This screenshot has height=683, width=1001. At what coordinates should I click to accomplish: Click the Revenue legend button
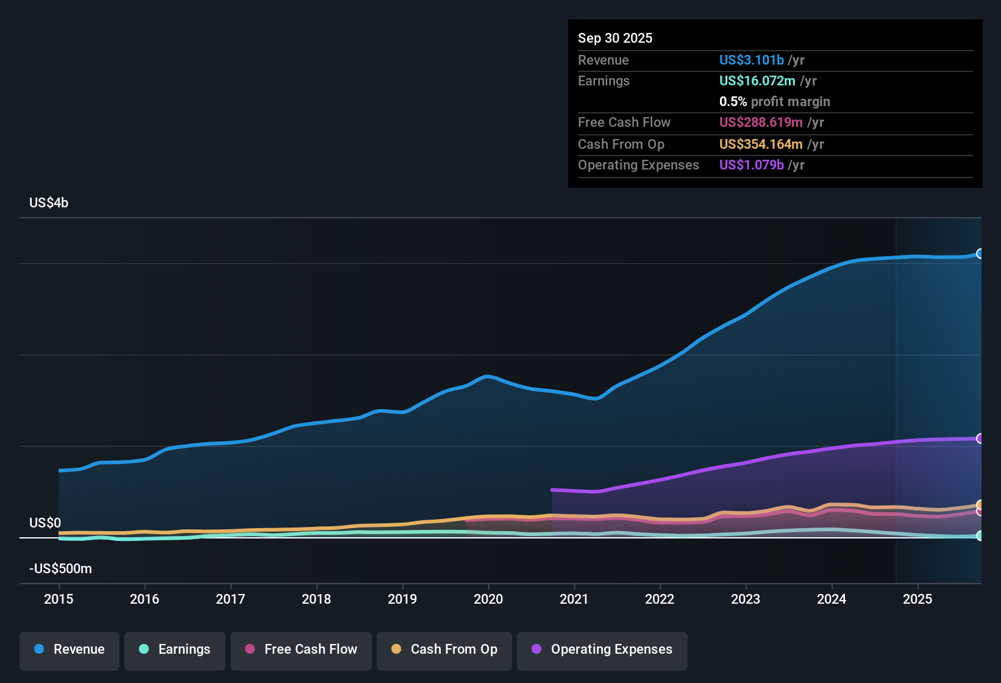[69, 649]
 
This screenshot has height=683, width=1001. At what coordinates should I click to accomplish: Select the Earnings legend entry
[175, 649]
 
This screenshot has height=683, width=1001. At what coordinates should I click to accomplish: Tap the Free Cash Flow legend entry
[301, 649]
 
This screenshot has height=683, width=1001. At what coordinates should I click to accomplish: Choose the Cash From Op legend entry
[444, 649]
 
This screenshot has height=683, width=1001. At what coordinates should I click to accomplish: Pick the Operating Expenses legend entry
[602, 649]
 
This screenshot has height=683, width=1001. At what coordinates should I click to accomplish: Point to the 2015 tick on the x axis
[59, 599]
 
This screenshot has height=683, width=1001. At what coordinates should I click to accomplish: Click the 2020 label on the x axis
[488, 599]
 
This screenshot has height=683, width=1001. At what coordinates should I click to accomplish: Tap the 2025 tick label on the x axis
[917, 599]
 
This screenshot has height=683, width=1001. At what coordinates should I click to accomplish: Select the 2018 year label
[316, 599]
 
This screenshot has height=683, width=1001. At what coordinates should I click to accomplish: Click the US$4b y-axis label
[49, 203]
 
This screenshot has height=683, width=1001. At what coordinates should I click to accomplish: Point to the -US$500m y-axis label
[60, 569]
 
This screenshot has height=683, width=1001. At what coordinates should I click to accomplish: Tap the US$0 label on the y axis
[45, 523]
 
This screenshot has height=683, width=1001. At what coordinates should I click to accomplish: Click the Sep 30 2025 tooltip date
[615, 38]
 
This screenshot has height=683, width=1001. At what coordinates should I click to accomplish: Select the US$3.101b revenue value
[751, 60]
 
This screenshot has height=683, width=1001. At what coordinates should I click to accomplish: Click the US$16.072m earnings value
[757, 81]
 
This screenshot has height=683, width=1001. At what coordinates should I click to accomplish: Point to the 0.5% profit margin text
[774, 102]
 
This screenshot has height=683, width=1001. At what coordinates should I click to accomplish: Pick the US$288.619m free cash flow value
[761, 123]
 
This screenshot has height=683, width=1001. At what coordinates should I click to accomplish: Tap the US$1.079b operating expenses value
[751, 165]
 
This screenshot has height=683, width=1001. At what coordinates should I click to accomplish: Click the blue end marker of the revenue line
[980, 254]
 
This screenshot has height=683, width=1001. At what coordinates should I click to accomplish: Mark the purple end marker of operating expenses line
[980, 438]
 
